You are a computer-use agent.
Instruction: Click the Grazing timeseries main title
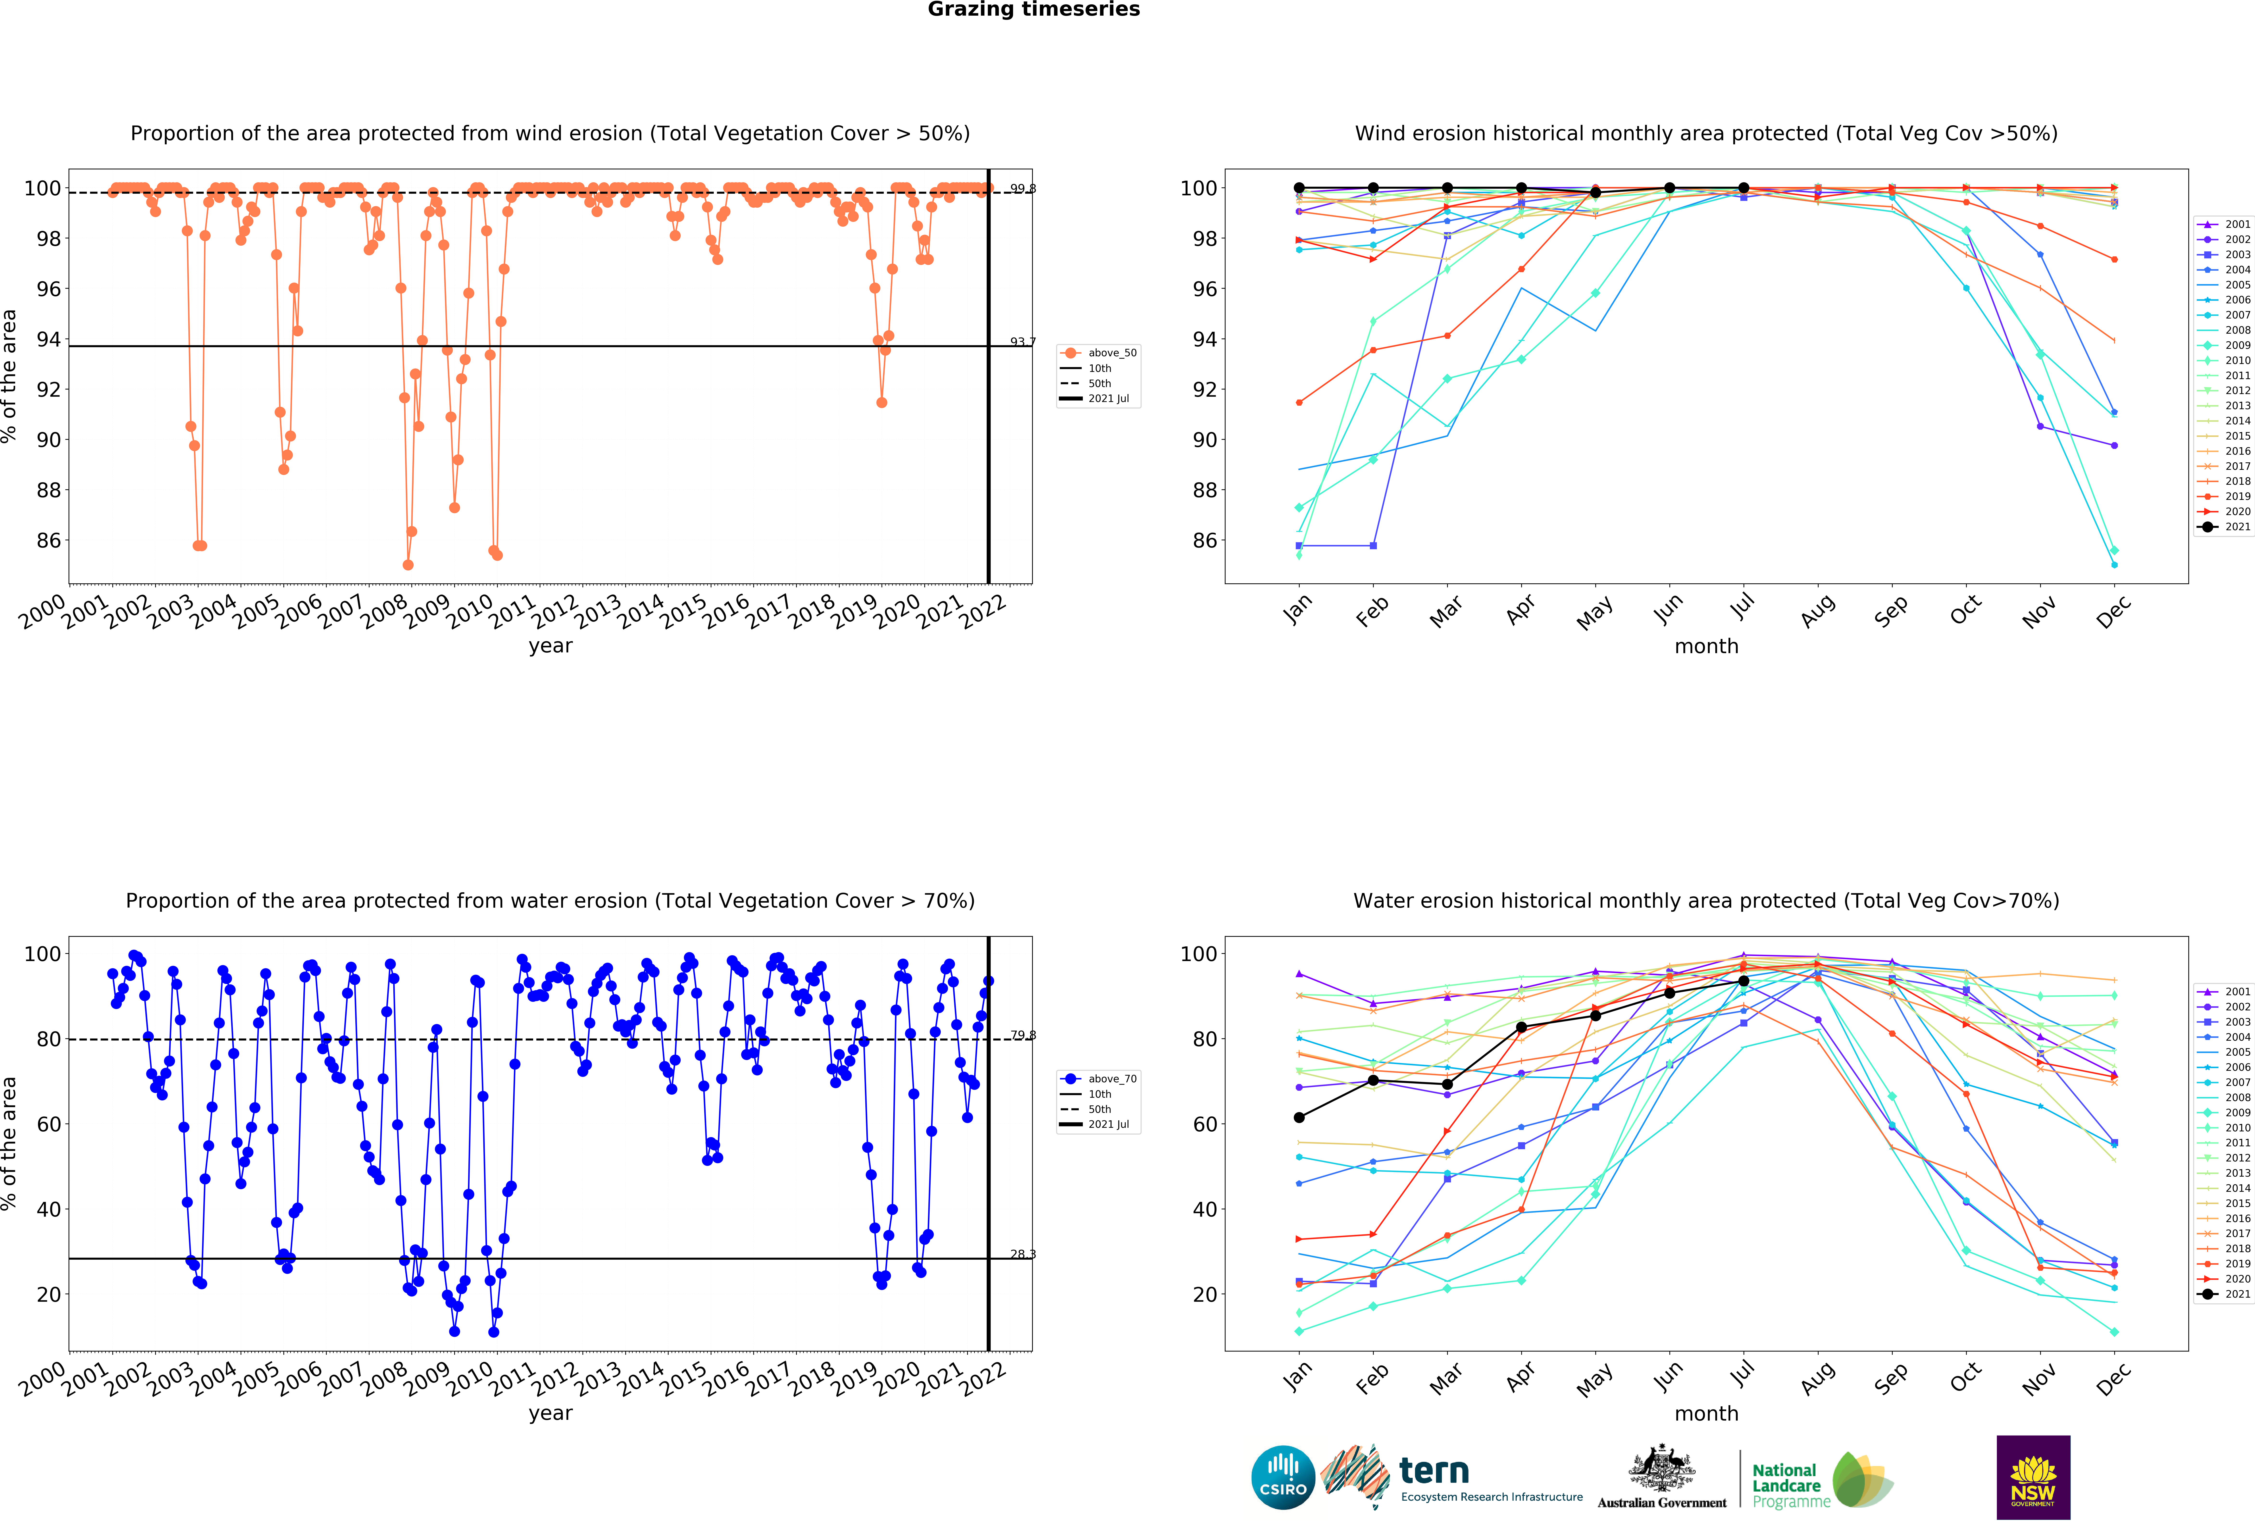click(1033, 10)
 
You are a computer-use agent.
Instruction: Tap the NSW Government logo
click(2033, 1477)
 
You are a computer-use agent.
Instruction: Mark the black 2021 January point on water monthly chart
click(1299, 1118)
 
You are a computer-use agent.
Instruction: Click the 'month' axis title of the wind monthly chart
click(1706, 646)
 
